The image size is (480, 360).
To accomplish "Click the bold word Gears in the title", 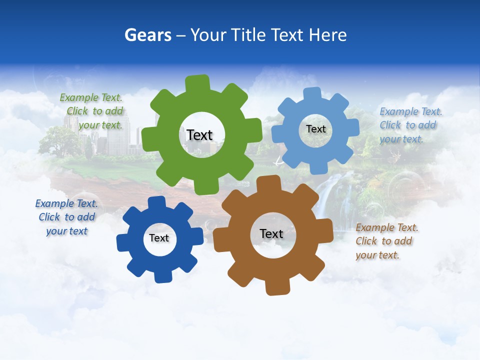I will point(147,35).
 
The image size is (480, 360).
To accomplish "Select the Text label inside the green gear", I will point(199,135).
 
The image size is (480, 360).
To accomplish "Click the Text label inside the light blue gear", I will point(315,129).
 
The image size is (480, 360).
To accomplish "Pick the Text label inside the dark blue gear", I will point(159,238).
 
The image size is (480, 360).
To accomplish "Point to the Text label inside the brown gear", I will point(271,233).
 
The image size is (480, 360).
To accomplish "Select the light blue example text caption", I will point(410,125).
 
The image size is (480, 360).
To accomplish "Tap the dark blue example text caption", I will point(66,217).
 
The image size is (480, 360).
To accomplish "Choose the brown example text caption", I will point(386,241).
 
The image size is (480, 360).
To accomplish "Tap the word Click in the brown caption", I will point(366,241).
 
